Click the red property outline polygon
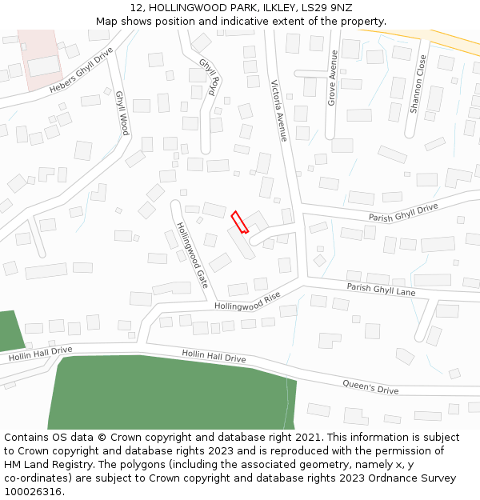(x=239, y=222)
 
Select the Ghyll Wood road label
(x=122, y=113)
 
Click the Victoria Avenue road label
(x=278, y=110)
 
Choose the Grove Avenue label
(x=333, y=78)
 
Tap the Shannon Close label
(x=418, y=84)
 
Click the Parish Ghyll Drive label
(x=403, y=213)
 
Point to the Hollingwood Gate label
(x=192, y=255)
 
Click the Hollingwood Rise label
(x=247, y=301)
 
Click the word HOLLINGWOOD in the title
(x=185, y=7)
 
